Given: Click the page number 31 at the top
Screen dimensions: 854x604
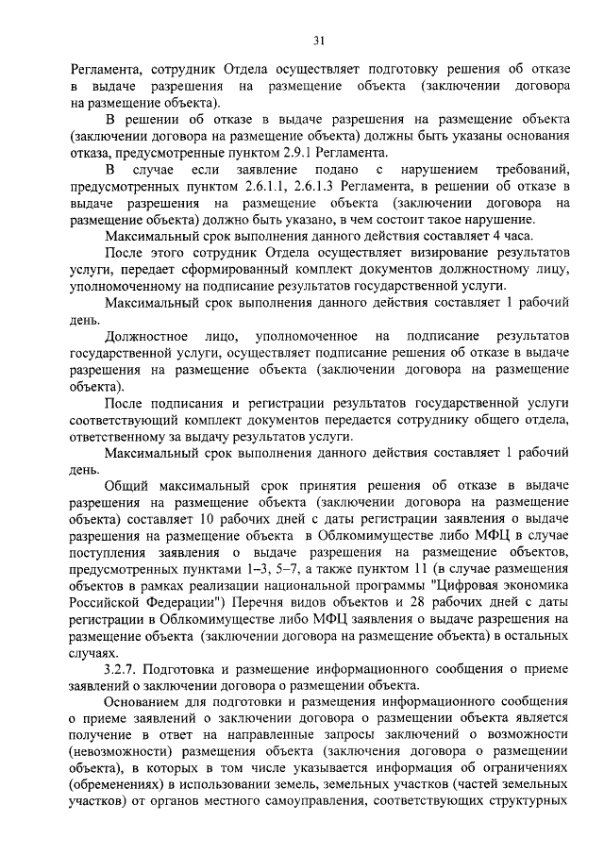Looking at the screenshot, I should pyautogui.click(x=318, y=40).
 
